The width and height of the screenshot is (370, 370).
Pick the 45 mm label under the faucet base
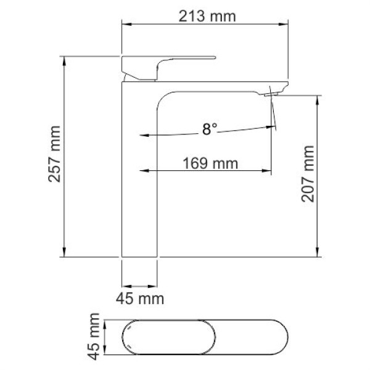pos(141,299)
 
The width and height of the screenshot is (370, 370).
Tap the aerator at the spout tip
pos(273,94)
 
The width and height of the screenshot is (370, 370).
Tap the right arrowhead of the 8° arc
pos(273,128)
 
